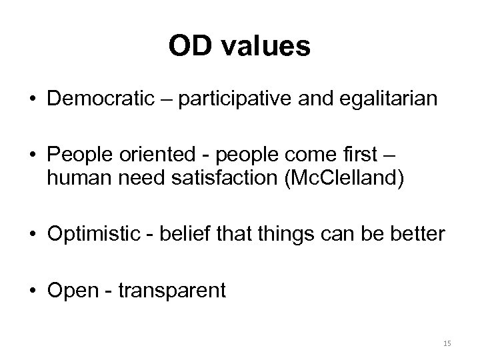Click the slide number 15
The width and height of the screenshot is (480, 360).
[x=447, y=343]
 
